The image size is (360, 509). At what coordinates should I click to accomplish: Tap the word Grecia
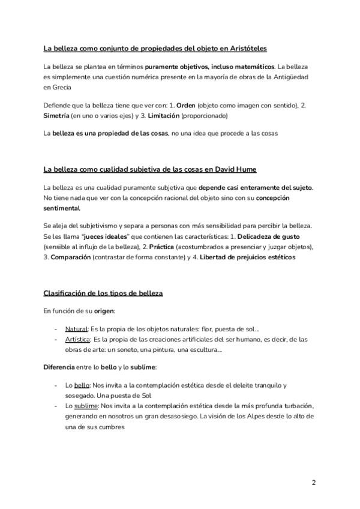53,87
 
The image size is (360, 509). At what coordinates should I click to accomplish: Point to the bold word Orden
187,105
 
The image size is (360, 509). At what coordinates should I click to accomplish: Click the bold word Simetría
56,115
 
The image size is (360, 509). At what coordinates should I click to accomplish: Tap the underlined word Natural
76,329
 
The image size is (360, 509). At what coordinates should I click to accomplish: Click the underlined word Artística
78,340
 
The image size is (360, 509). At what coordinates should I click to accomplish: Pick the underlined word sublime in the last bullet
86,406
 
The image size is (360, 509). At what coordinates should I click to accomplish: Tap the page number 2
314,482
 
